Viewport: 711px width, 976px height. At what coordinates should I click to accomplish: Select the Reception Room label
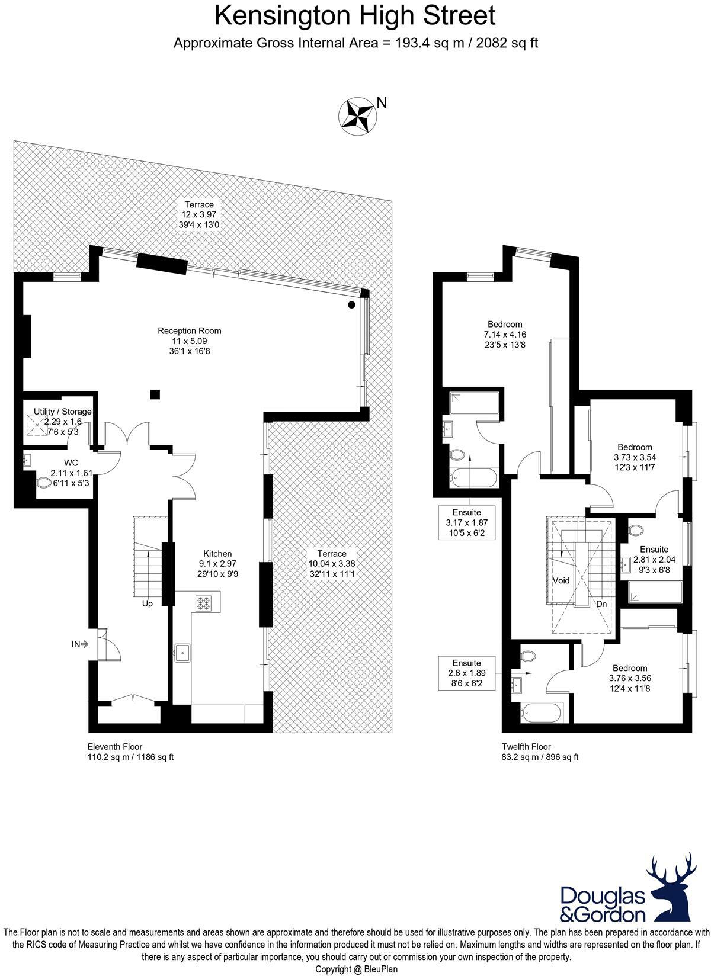[189, 341]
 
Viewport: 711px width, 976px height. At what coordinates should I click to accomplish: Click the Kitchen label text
[217, 563]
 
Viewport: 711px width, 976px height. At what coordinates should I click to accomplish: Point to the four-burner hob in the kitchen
[203, 603]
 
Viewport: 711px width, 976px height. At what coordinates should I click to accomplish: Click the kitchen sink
[182, 653]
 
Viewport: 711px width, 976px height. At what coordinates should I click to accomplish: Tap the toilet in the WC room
[44, 483]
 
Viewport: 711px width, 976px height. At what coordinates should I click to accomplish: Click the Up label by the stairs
[147, 603]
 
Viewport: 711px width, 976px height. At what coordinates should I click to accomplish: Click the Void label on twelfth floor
[561, 580]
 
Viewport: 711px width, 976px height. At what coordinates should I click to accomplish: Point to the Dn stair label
[601, 605]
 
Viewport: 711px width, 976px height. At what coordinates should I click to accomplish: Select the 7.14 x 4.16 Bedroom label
[505, 334]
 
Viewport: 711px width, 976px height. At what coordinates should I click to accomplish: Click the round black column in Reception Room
[352, 305]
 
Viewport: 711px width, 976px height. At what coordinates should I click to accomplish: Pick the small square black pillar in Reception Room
[155, 394]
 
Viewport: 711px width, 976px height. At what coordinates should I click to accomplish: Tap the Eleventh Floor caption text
[115, 747]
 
